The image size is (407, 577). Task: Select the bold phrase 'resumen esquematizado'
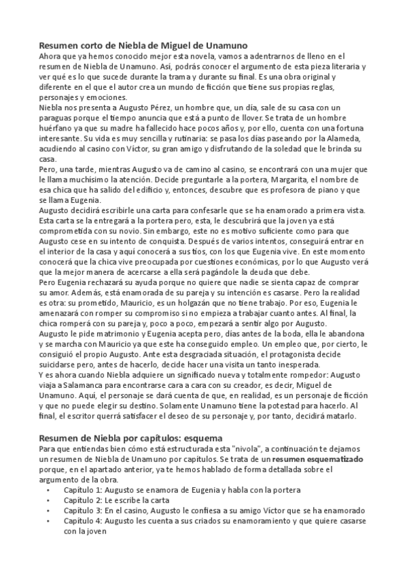tap(321, 459)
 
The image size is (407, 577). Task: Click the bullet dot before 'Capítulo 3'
tap(48, 510)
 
